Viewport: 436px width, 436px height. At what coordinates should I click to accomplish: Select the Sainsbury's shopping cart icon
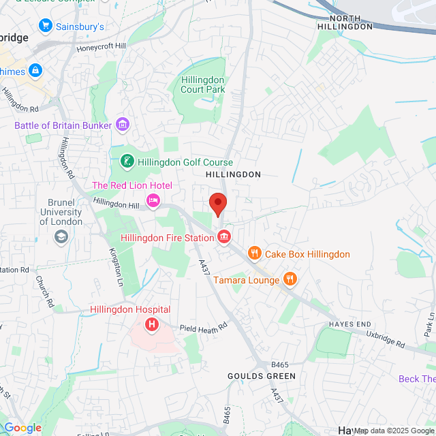click(46, 27)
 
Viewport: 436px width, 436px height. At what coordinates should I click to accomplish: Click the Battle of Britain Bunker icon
click(123, 125)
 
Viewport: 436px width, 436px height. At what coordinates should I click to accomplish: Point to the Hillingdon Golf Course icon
click(127, 162)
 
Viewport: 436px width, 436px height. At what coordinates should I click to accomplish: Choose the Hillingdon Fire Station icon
click(223, 237)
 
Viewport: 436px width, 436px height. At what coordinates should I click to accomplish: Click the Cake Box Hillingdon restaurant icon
click(255, 254)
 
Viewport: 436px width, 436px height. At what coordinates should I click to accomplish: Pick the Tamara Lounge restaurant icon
click(290, 279)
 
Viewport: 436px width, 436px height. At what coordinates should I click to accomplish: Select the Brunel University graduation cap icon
click(61, 236)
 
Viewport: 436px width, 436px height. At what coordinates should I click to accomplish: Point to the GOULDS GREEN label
click(262, 376)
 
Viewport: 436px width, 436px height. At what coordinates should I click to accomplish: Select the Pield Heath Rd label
click(202, 328)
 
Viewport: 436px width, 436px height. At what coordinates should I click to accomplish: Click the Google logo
click(22, 428)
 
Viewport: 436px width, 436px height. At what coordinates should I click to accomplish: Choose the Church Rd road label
click(46, 292)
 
